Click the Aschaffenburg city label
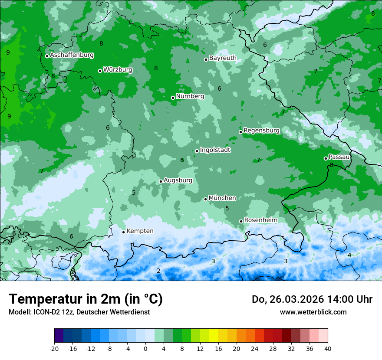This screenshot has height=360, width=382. [72, 55]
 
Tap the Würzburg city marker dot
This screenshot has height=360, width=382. [100, 71]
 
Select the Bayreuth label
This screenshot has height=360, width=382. [223, 58]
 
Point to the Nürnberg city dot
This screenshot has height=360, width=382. [173, 98]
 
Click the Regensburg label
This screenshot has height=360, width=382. [261, 130]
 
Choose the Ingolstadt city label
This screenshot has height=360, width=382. [215, 150]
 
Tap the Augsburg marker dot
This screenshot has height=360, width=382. [161, 181]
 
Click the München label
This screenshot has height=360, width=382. [222, 198]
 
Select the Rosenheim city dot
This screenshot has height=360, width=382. [241, 221]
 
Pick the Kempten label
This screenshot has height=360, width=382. [140, 231]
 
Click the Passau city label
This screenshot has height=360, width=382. [339, 157]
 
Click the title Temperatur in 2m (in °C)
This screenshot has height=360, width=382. [86, 299]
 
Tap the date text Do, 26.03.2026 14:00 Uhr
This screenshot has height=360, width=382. [312, 299]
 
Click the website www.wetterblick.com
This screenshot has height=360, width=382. [313, 312]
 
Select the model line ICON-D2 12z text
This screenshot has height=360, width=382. [79, 312]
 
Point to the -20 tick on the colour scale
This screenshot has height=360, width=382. [54, 348]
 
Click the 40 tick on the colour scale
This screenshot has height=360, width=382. [327, 348]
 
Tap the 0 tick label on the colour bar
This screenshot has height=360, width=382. [145, 348]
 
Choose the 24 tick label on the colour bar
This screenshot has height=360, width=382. [254, 348]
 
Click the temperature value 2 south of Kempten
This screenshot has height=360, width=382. [158, 271]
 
